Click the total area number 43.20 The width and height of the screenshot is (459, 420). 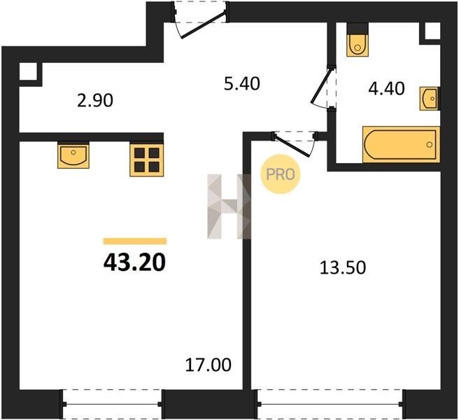point(134,262)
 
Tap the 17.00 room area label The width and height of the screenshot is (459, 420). point(208,365)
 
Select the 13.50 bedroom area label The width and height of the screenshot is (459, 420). point(342,267)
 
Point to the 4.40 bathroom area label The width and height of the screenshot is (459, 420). point(386,89)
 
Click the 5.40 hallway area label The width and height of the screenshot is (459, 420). point(242,83)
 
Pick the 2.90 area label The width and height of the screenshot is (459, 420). point(95,101)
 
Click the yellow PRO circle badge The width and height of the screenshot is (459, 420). point(281,174)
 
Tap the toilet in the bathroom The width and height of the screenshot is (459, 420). point(357,45)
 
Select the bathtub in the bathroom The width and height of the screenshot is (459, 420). point(401,144)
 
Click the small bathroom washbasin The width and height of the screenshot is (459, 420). point(430,99)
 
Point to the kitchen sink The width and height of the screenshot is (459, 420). point(73,156)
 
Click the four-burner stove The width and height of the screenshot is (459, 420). point(147,160)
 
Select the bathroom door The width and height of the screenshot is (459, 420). point(323,88)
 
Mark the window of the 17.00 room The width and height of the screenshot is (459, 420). point(112,404)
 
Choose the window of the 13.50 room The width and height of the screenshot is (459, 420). point(331,404)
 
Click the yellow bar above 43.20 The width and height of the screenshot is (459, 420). point(135,241)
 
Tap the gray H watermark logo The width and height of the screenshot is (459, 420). point(229,206)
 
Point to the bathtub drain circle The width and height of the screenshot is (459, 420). point(430,144)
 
